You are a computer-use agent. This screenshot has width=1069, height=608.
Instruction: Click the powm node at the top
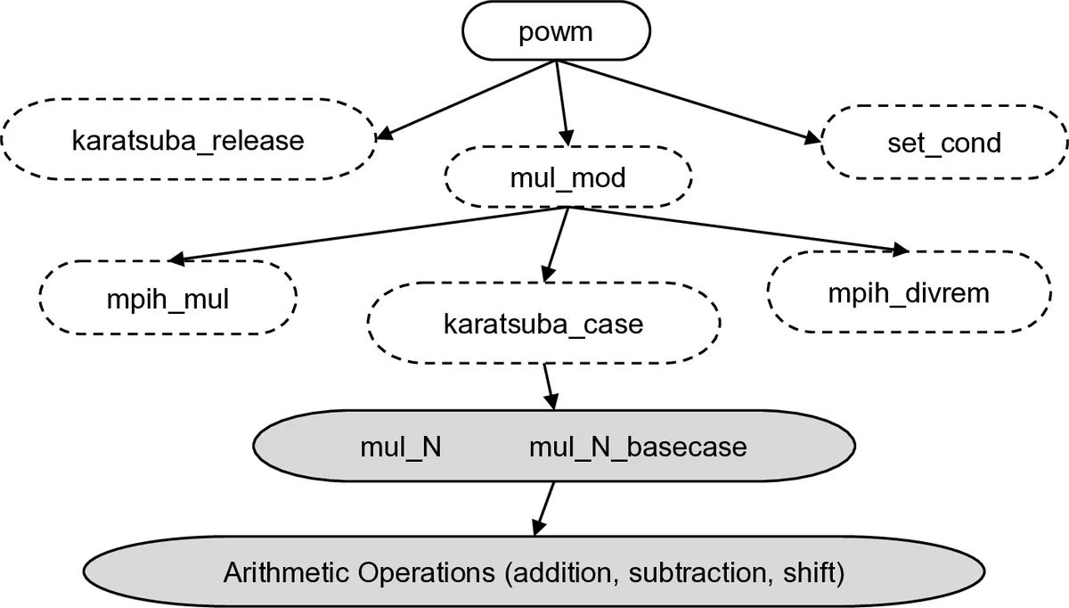tap(556, 32)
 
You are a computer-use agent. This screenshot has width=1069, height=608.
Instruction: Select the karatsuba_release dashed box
tap(188, 141)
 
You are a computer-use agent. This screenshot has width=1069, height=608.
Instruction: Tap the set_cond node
tap(943, 142)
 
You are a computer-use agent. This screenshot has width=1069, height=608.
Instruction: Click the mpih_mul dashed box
tap(167, 299)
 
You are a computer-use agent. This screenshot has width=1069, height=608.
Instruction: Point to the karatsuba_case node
tap(543, 324)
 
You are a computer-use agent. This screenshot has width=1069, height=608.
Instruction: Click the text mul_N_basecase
tap(638, 447)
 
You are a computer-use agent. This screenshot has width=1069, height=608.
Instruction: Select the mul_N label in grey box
tap(401, 447)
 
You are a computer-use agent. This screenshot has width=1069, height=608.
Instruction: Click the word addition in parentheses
tap(557, 571)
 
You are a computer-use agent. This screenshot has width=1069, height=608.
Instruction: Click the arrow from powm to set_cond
tap(686, 101)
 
